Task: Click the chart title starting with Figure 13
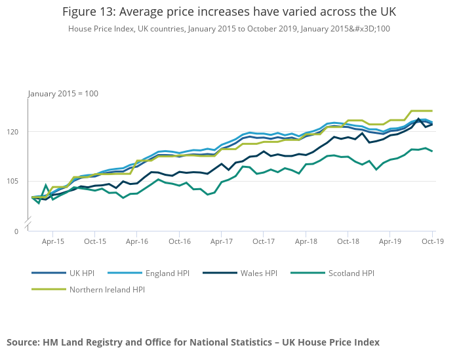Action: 229,12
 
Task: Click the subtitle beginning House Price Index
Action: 229,29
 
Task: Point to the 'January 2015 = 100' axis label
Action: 63,94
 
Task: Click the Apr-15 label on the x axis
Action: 53,241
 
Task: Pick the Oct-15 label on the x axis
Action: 95,241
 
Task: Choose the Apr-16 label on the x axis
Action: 137,241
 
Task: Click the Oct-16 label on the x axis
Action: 179,241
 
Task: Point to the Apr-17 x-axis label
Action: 221,241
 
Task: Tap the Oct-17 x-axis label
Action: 263,241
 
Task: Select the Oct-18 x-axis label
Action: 348,241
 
